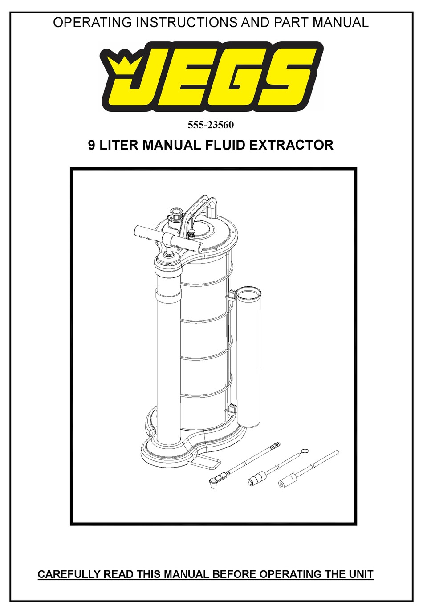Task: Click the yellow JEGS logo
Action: coord(211,77)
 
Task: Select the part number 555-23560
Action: coord(211,125)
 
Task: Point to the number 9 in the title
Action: coord(91,145)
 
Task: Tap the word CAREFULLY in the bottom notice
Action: coord(69,574)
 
